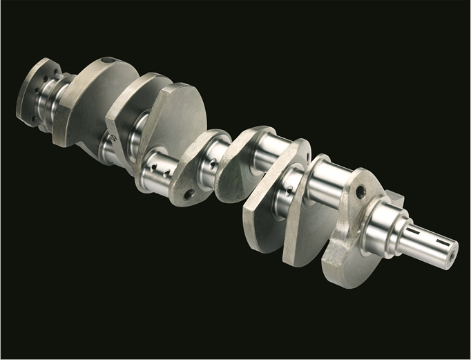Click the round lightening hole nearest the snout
(x=360, y=191)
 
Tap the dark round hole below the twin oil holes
(x=188, y=195)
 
